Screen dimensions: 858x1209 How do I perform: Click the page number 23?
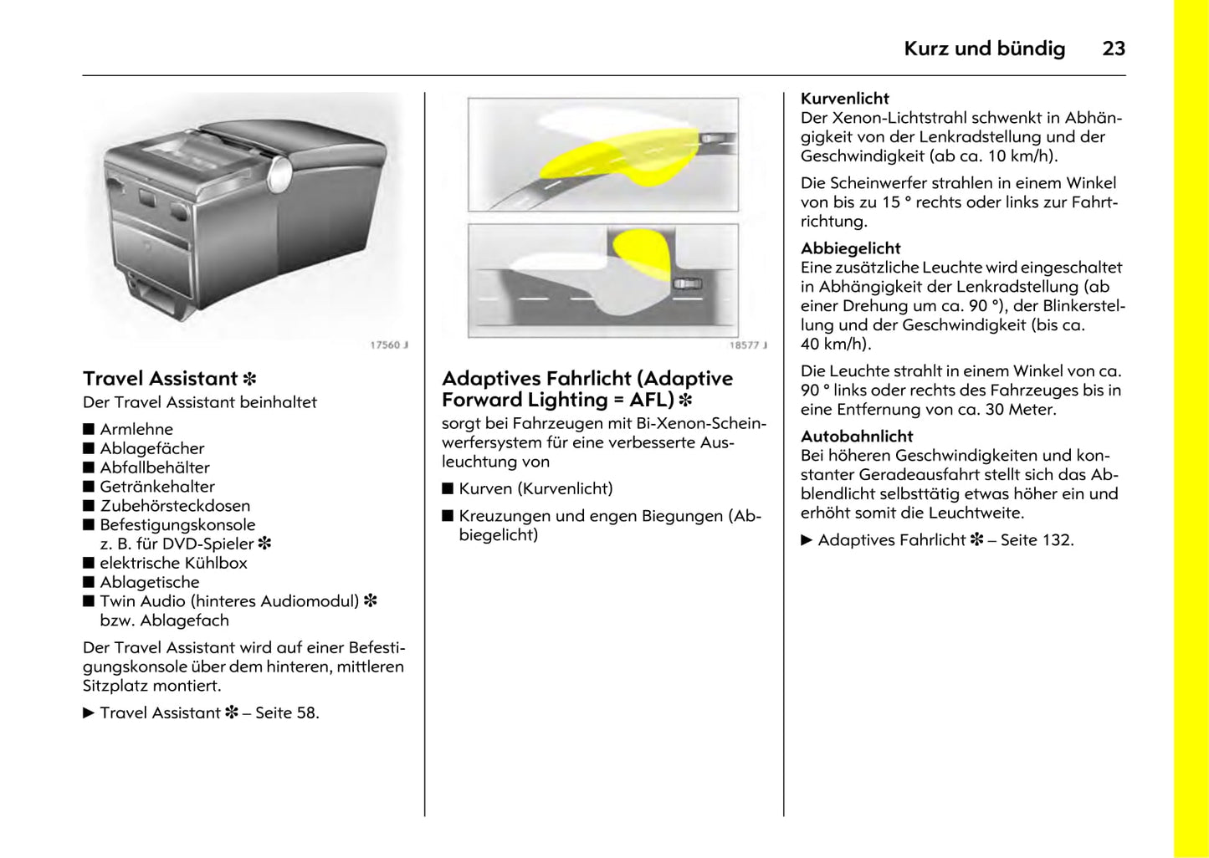1113,49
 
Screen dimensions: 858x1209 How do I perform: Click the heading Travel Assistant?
161,379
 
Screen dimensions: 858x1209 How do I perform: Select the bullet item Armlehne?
136,429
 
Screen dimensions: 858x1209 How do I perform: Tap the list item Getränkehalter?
157,487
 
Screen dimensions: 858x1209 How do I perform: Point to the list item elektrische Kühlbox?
173,563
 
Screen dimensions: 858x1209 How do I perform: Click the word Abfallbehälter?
155,467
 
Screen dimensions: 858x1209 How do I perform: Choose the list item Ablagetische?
150,582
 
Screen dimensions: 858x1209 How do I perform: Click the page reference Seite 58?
286,712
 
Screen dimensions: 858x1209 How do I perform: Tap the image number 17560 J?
388,345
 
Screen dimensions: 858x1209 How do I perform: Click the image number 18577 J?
747,345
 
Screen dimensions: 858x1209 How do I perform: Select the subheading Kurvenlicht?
844,98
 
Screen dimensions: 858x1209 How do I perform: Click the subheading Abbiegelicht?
850,248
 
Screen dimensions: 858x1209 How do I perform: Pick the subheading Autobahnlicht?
857,436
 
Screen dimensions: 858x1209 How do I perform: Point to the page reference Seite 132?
1037,539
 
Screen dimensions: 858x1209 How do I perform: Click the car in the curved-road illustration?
713,138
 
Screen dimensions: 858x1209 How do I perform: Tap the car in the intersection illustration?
688,284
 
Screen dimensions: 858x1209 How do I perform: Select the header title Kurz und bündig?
984,49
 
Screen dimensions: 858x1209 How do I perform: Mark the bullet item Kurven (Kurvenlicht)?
535,488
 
